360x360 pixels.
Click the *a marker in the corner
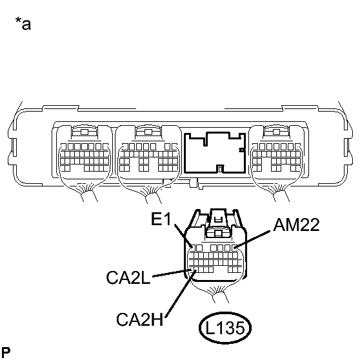click(23, 26)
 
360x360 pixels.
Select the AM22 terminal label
click(295, 225)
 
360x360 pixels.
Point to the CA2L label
click(130, 277)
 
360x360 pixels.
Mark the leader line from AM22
click(255, 238)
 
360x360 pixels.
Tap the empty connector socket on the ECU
click(214, 154)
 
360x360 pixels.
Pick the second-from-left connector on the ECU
click(146, 154)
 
